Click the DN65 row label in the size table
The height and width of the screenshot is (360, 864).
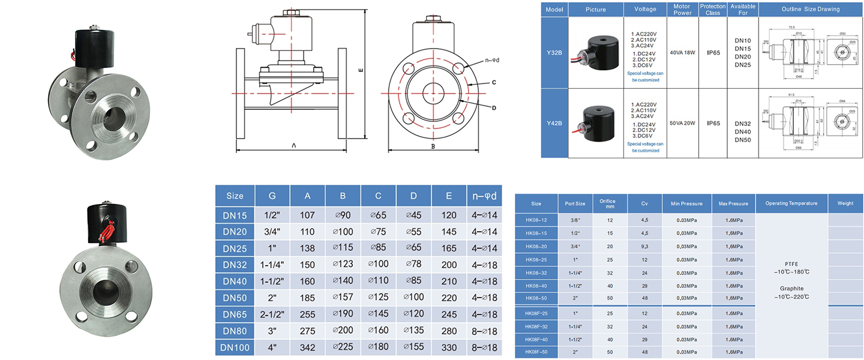pyautogui.click(x=235, y=314)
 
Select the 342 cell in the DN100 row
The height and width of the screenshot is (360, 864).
pyautogui.click(x=307, y=347)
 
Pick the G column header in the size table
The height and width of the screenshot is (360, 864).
pyautogui.click(x=272, y=196)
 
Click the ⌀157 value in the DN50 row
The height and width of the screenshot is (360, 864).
pyautogui.click(x=343, y=298)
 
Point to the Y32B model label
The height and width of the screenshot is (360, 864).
pyautogui.click(x=554, y=53)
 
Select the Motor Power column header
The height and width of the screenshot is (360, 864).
pyautogui.click(x=682, y=9)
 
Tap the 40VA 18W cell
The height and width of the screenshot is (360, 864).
pyautogui.click(x=682, y=53)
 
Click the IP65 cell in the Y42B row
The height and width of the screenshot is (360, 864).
pyautogui.click(x=713, y=123)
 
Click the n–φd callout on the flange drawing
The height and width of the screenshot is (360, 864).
pyautogui.click(x=492, y=60)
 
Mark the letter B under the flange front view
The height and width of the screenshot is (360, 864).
pyautogui.click(x=433, y=146)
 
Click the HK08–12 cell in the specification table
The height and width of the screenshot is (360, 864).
pyautogui.click(x=536, y=220)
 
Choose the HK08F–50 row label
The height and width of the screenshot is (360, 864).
pyautogui.click(x=536, y=352)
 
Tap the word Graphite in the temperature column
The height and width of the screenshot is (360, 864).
pyautogui.click(x=791, y=289)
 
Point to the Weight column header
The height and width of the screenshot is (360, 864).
pyautogui.click(x=845, y=203)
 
